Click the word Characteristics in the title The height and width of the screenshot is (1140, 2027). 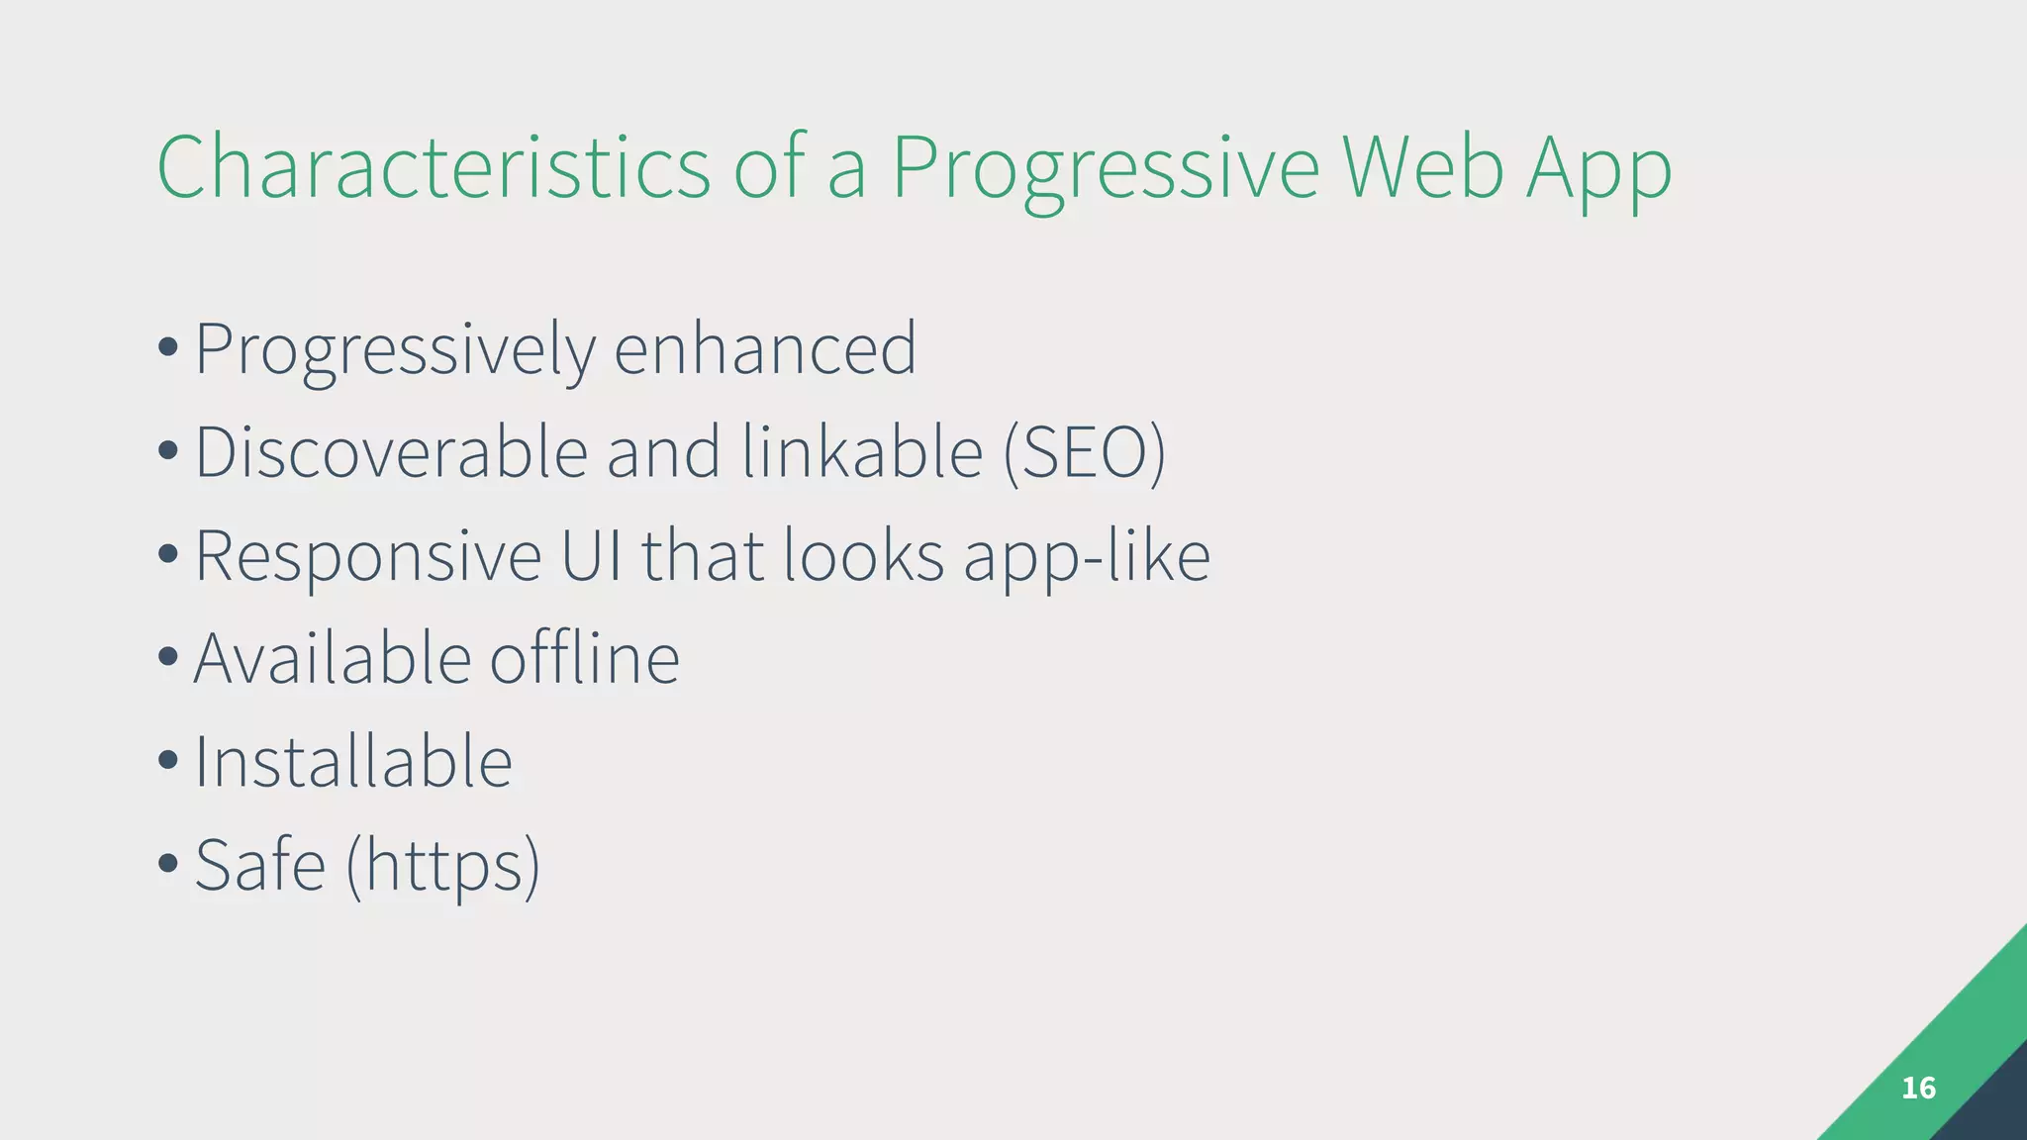tap(434, 167)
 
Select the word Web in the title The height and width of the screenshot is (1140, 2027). tap(1423, 167)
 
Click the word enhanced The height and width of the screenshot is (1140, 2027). tap(765, 348)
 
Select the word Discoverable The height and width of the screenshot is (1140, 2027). tap(392, 452)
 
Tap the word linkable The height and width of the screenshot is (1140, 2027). tap(862, 452)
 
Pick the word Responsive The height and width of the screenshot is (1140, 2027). tap(368, 557)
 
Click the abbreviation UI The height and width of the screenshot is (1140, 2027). tap(592, 555)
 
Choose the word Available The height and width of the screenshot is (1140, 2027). tap(332, 658)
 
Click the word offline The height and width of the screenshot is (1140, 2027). tap(584, 658)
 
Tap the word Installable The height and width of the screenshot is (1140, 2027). tap(353, 762)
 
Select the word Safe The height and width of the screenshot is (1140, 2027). tap(260, 865)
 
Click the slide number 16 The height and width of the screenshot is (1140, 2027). tap(1918, 1089)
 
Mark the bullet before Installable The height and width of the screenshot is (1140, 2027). tap(168, 760)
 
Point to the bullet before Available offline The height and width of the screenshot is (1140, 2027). tap(168, 656)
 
